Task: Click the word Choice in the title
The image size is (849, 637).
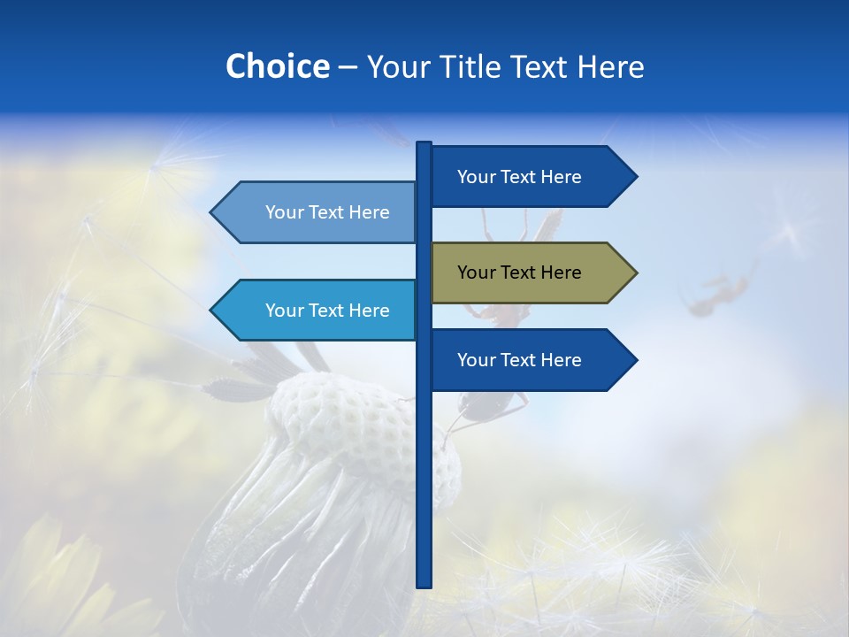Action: click(277, 66)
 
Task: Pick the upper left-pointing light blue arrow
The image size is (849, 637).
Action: click(318, 212)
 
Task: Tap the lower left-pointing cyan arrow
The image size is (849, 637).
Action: click(318, 311)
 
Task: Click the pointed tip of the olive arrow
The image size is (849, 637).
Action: click(635, 272)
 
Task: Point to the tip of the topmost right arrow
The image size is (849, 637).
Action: click(635, 177)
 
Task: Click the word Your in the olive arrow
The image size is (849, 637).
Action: click(477, 272)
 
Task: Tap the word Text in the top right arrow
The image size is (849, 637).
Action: click(519, 177)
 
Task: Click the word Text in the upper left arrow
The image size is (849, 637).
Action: click(327, 212)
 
